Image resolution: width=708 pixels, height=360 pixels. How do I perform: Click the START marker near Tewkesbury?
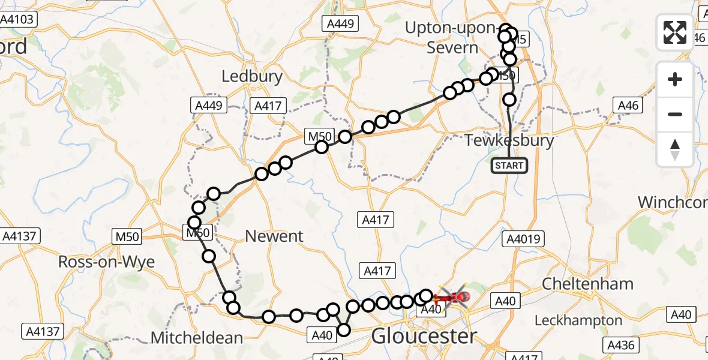point(509,166)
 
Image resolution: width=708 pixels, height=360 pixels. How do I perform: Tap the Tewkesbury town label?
point(509,141)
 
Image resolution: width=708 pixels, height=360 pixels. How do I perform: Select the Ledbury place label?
point(252,76)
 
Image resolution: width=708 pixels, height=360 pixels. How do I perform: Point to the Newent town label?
point(275,236)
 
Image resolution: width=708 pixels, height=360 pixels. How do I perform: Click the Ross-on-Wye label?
point(98,262)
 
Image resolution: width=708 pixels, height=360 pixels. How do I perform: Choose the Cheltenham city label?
point(587,283)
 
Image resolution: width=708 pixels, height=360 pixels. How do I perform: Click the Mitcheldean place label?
point(196,338)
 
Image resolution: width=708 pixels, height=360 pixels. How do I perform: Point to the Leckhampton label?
point(578,320)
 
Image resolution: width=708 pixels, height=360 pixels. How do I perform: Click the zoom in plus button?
point(675,79)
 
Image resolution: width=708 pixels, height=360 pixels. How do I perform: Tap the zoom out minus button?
point(675,114)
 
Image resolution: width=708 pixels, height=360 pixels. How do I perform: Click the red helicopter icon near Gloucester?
point(460,296)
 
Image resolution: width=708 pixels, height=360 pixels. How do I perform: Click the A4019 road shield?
point(524,239)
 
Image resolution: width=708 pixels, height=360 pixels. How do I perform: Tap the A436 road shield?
point(622,345)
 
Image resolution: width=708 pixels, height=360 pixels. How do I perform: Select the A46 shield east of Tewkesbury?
point(629,106)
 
